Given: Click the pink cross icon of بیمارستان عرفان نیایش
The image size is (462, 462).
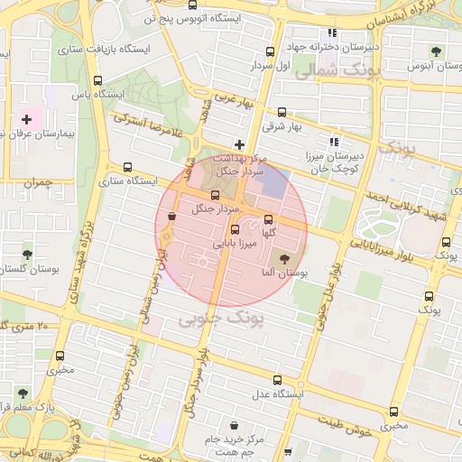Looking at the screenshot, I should (26, 119).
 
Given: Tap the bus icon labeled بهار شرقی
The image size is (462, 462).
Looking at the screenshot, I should (282, 113).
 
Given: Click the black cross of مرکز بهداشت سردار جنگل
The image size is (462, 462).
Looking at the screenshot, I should (239, 144).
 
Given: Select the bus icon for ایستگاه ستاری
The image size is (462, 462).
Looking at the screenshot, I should (127, 167).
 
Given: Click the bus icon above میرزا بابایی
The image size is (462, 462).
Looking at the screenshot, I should (236, 229).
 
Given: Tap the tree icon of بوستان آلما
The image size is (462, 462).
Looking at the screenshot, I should (273, 259).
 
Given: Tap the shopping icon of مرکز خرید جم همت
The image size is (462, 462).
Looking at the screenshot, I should (235, 425).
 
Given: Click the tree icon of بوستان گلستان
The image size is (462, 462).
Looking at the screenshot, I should (27, 255).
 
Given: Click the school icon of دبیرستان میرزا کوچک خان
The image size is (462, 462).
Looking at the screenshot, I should (334, 142).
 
